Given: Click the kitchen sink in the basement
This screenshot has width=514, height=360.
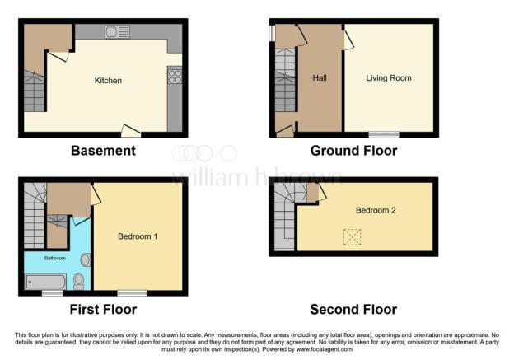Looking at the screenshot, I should click(x=117, y=32).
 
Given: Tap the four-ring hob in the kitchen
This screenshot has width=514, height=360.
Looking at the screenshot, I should click(x=175, y=76).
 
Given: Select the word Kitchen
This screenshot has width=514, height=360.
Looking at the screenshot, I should click(x=108, y=81).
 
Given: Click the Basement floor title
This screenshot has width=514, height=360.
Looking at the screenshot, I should click(x=103, y=151).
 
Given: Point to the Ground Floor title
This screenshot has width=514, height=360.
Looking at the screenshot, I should click(x=353, y=151).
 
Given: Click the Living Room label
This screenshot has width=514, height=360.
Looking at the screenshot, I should click(x=388, y=78).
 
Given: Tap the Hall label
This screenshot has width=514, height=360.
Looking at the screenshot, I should click(x=320, y=79).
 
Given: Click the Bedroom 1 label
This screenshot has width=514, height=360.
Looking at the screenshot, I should click(x=138, y=237).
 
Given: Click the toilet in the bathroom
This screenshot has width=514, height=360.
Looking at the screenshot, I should click(x=79, y=283).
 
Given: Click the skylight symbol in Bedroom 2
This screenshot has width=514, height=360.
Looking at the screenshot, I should click(x=353, y=237).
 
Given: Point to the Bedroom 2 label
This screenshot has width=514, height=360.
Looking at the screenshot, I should click(x=376, y=210).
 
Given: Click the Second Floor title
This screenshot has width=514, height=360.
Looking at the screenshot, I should click(x=353, y=310).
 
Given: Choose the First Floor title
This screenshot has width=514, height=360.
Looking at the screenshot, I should click(x=103, y=310).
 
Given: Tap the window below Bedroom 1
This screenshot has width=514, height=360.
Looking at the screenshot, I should click(x=132, y=292).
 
